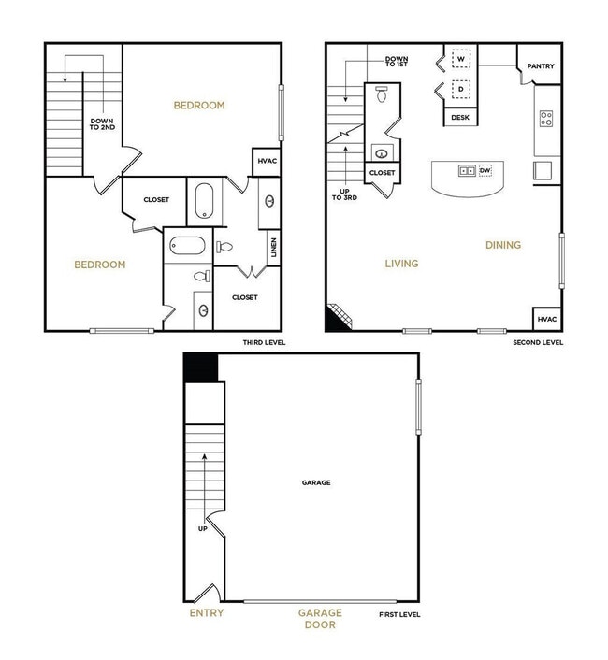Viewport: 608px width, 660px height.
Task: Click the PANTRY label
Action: point(541,66)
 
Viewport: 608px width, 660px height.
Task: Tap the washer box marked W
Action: point(459,58)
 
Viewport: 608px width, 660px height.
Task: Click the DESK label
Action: point(460,118)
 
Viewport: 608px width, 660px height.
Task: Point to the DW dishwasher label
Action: point(485,171)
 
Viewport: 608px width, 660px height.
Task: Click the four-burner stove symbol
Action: point(546,119)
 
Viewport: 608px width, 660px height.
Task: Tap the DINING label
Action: point(503,246)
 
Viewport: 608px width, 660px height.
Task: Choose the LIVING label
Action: point(401,264)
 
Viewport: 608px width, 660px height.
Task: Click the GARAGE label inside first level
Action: point(316,483)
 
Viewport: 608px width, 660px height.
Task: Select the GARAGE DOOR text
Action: point(320,619)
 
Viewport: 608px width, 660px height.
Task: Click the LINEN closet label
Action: point(272,248)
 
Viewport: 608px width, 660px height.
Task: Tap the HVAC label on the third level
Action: point(267,162)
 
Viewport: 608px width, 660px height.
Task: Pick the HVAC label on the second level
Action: point(547,319)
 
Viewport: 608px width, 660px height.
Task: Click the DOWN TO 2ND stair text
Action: point(101,125)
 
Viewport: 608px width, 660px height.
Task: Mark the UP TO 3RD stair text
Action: point(340,194)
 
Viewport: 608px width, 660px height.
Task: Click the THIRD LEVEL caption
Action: point(264,343)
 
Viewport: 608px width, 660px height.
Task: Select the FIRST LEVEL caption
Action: point(400,614)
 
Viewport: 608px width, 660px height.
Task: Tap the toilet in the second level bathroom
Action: point(382,94)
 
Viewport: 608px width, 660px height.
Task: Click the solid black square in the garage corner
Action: point(202,367)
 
